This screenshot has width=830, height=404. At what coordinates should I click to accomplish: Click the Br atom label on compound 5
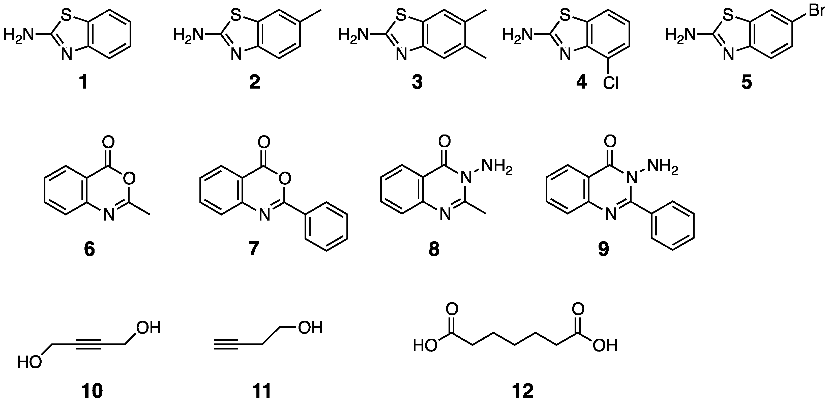click(x=817, y=10)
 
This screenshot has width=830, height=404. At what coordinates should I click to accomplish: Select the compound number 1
click(x=83, y=83)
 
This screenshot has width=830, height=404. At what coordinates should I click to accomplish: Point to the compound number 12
click(x=522, y=391)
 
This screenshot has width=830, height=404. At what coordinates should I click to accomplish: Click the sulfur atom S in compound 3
click(x=401, y=15)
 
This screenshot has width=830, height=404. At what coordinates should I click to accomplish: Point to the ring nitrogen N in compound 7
click(x=264, y=215)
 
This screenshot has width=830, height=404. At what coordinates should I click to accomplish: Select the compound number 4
click(x=581, y=83)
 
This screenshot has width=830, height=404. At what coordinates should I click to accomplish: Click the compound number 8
click(x=434, y=249)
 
